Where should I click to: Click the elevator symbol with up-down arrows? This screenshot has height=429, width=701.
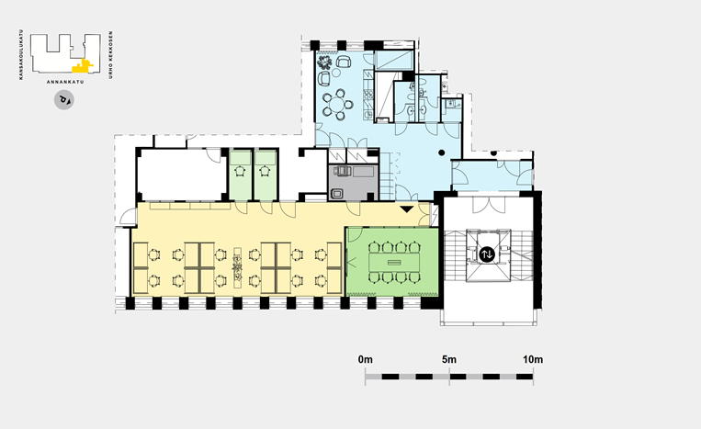487,254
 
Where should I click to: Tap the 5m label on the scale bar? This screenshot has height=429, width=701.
449,359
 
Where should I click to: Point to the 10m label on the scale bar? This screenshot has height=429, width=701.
533,359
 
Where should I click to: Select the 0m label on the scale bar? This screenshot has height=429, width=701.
366,359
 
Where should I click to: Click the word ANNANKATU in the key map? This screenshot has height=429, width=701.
65,82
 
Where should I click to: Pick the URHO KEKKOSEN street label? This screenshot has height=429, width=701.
111,55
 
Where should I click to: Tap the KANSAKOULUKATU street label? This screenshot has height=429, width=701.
20,54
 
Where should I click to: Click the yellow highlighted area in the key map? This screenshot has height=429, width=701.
83,66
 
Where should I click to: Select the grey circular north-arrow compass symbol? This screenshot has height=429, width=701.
64,99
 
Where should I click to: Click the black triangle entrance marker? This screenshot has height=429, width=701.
406,209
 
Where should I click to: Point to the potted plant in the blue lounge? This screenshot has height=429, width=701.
324,62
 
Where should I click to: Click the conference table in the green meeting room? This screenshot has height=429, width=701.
394,263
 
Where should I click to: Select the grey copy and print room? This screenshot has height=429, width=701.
353,182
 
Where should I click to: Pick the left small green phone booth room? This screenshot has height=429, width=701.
241,175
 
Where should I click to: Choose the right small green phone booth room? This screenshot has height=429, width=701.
266,175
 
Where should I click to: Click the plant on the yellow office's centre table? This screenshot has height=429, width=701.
237,267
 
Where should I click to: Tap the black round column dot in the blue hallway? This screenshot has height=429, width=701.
442,152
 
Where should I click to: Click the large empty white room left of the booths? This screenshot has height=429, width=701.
182,175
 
